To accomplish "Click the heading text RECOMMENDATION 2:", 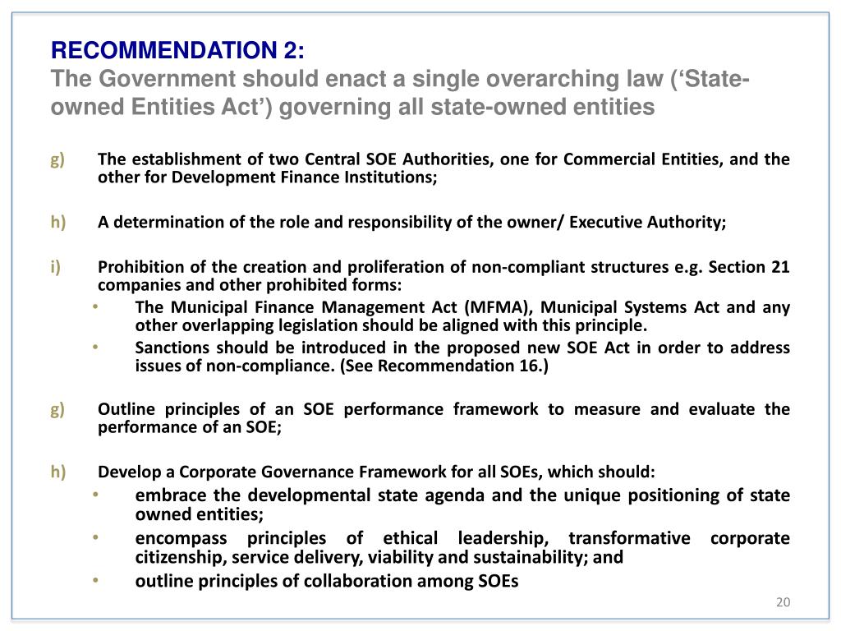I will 177,51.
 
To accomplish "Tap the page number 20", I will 782,603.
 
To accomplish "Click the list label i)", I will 55,268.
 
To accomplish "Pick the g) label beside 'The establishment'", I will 57,159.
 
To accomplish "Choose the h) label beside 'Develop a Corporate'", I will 57,472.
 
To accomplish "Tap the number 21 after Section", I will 780,268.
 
